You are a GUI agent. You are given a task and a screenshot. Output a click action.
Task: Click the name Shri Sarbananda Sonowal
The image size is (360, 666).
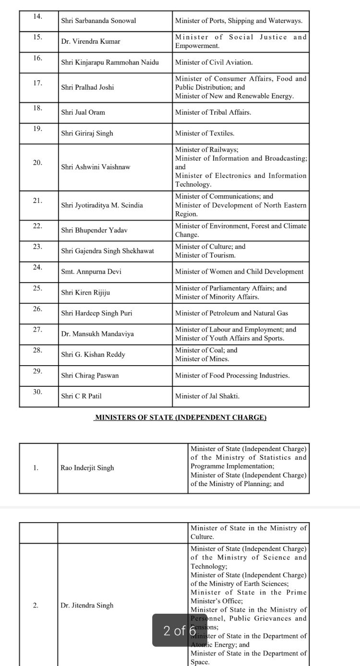pos(98,21)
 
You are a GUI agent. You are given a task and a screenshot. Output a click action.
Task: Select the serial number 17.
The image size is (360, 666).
pos(38,83)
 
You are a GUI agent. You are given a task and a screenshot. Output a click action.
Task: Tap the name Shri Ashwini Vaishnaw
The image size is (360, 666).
pos(96,167)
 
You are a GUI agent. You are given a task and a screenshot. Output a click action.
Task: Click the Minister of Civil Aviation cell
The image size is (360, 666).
pos(214,62)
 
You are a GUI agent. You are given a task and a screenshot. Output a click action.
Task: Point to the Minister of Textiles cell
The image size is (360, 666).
pos(205,133)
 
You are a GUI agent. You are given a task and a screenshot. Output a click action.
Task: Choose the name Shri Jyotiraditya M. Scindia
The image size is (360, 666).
pos(102,205)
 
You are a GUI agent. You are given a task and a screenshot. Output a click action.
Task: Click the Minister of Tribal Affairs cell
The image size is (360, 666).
pos(213,112)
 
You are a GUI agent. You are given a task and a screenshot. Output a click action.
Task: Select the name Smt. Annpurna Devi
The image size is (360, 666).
pos(91,272)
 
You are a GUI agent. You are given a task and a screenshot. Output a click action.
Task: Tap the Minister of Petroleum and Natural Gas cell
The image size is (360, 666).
pos(231,313)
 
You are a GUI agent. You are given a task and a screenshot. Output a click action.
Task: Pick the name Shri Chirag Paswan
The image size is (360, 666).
pos(90,376)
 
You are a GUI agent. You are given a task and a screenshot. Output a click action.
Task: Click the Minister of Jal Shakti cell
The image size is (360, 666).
pos(207,396)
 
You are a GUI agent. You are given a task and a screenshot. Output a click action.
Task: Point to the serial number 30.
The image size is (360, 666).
pos(38,392)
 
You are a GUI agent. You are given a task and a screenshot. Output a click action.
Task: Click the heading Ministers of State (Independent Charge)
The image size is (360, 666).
pos(180,417)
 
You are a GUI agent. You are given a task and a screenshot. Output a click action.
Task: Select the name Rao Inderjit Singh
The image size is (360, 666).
pos(87,468)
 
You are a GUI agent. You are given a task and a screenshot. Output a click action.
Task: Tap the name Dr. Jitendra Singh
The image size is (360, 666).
pos(87,606)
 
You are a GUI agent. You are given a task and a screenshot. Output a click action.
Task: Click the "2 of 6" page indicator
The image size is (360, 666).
pos(180,630)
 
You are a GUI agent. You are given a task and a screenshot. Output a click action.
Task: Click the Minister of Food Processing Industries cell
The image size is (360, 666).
pos(232,376)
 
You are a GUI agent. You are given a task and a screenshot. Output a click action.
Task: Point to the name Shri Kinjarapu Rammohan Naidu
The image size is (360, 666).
pos(110,62)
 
